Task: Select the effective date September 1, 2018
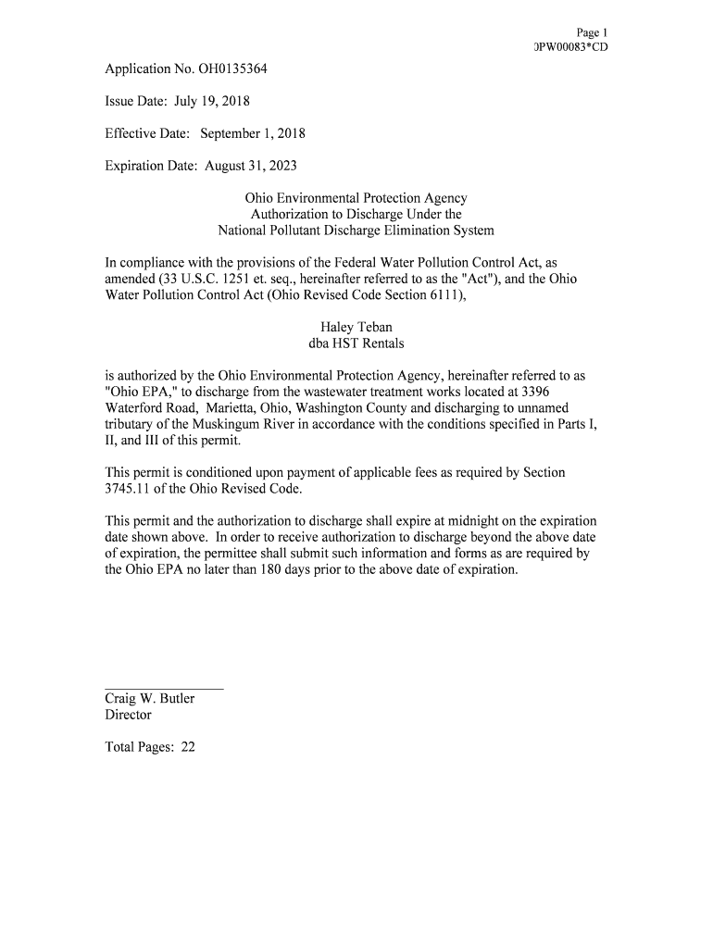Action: click(250, 133)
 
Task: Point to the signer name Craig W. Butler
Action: click(149, 698)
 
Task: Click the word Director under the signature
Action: click(128, 715)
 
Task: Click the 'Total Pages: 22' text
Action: click(150, 747)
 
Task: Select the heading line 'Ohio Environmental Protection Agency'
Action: click(356, 198)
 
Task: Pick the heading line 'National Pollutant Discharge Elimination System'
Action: click(356, 231)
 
